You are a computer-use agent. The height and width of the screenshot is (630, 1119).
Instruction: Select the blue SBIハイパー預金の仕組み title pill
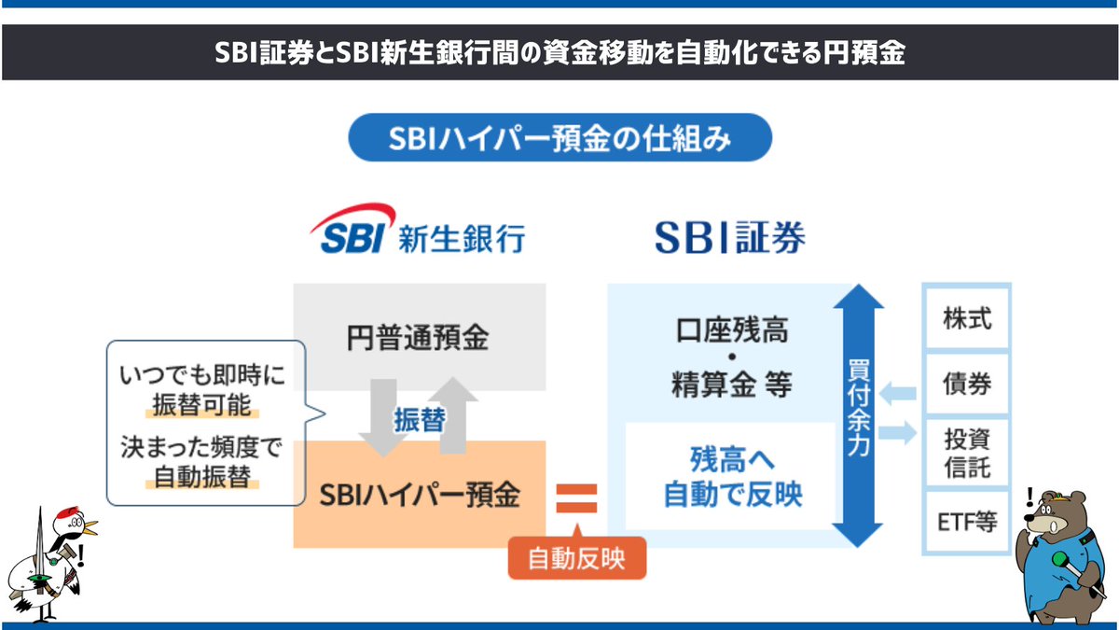[x=559, y=139]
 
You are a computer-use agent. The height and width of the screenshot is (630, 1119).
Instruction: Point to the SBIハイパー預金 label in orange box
[x=419, y=495]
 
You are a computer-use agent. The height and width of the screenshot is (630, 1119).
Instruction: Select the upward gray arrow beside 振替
[x=453, y=414]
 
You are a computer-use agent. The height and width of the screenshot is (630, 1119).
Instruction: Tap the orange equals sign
[x=575, y=497]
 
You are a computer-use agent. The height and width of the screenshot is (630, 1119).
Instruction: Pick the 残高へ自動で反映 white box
[x=731, y=477]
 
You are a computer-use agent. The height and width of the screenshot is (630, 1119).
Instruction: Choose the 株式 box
[x=966, y=319]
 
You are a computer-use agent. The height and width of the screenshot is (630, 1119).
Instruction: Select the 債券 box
[x=966, y=385]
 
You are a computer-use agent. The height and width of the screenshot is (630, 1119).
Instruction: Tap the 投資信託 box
[x=966, y=452]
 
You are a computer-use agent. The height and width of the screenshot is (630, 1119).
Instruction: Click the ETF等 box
[x=966, y=521]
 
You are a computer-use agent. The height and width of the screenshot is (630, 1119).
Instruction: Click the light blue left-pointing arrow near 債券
[x=897, y=393]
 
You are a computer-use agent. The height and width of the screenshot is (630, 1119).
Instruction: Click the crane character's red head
[x=67, y=517]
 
